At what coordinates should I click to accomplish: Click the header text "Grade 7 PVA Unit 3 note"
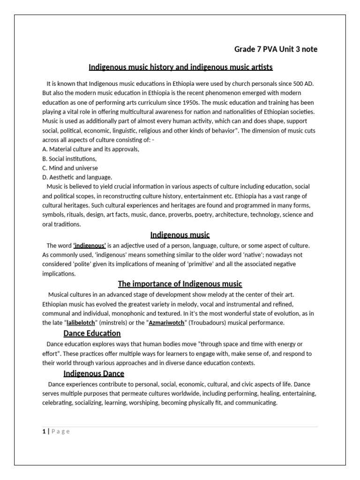click(x=276, y=49)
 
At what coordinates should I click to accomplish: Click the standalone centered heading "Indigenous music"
click(x=180, y=234)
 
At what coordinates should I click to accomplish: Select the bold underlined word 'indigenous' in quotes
click(x=90, y=246)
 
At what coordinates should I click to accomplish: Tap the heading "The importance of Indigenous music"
click(x=180, y=284)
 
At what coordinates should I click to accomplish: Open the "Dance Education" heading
click(x=92, y=333)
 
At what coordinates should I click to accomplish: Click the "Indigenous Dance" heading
click(x=94, y=373)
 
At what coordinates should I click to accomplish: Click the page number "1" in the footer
click(x=44, y=432)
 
